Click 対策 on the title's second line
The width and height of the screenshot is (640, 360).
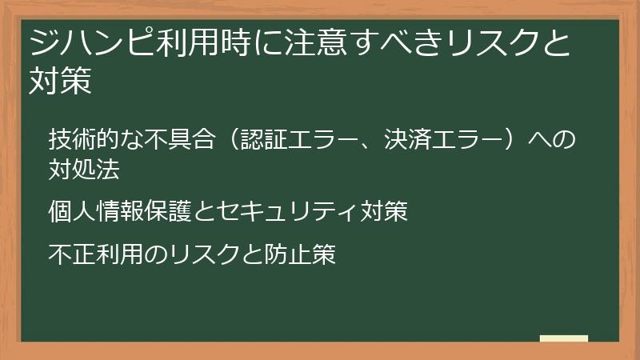[61, 81]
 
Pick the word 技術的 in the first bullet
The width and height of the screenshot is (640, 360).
[85, 139]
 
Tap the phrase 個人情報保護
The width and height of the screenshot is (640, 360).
[120, 212]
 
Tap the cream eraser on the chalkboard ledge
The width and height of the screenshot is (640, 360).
[563, 338]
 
